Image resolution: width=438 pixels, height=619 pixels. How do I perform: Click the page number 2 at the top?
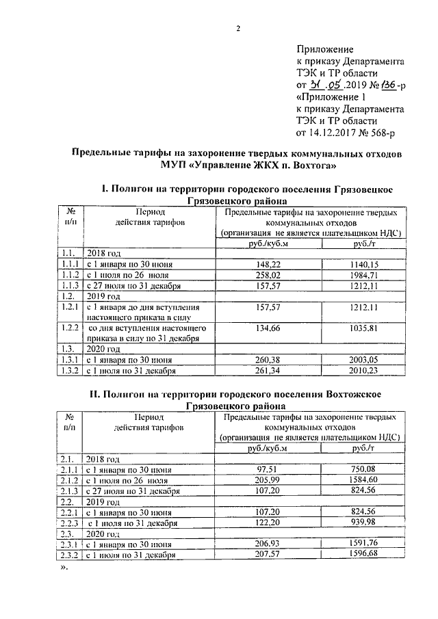pos(238,27)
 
